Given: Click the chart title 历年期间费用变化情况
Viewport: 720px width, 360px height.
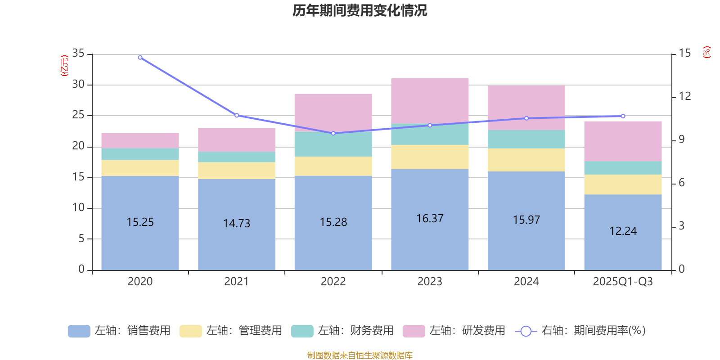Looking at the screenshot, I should tap(360, 10).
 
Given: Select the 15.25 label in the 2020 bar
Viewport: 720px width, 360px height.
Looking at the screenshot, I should tap(140, 222).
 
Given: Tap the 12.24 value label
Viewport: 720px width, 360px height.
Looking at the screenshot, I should tap(623, 231).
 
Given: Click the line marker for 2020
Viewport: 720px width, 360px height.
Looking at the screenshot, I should tap(140, 58).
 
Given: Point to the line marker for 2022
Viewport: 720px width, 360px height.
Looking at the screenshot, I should tap(333, 133).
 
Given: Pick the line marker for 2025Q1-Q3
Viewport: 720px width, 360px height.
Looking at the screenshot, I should tap(623, 116).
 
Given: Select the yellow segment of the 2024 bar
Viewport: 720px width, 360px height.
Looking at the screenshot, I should tap(526, 160).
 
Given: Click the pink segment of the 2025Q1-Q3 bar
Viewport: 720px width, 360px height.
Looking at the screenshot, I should tap(623, 140).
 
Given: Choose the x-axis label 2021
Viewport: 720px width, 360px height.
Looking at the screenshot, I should tap(236, 282).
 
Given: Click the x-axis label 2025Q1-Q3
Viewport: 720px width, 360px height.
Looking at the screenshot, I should tap(623, 282).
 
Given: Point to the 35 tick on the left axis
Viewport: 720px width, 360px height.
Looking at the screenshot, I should tap(78, 54).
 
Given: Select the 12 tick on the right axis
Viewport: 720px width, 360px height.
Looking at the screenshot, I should tap(685, 96).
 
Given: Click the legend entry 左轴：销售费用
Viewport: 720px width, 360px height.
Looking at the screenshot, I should tap(119, 331).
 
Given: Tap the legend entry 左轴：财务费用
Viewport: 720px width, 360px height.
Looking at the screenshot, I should tap(342, 331).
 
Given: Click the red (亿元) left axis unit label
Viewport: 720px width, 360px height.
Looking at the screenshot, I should tap(64, 66).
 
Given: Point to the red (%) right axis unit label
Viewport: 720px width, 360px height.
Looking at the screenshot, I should tap(707, 52).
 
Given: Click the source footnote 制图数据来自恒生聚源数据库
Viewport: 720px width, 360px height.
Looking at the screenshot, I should tap(360, 355).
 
